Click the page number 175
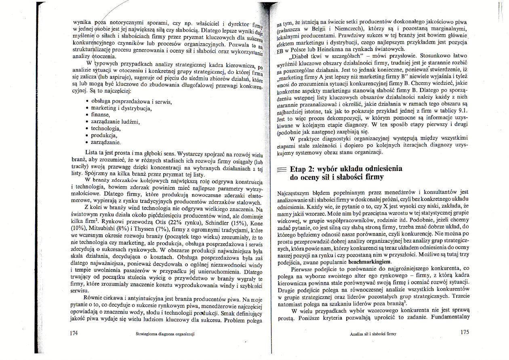tap(464, 333)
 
